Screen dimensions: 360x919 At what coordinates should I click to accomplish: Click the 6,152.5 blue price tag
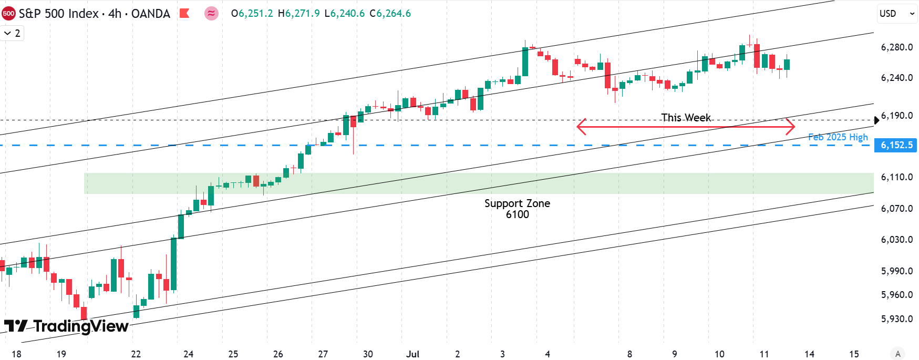tap(896, 145)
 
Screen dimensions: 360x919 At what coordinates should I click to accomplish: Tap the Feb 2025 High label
tap(838, 137)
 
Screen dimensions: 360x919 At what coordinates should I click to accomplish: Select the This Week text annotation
tap(686, 118)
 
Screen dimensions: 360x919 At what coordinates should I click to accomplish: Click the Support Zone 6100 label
tap(517, 209)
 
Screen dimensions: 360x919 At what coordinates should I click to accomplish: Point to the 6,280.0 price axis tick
tap(896, 47)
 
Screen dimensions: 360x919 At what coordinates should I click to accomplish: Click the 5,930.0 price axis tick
tap(896, 319)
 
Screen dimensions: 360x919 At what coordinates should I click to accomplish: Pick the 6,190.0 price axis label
tap(896, 116)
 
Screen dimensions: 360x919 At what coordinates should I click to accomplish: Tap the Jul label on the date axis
tap(412, 354)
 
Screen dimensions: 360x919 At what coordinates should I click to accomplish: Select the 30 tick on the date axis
tap(368, 354)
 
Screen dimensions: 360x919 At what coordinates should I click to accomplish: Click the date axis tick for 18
tap(16, 354)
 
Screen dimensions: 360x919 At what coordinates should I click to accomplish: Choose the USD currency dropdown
tap(896, 14)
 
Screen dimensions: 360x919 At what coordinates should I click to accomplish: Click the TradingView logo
tap(66, 326)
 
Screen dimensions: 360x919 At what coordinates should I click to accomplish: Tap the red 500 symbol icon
tap(8, 14)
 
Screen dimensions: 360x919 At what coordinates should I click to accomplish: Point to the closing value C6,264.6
tap(390, 14)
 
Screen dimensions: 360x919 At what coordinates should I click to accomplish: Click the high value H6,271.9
tap(298, 14)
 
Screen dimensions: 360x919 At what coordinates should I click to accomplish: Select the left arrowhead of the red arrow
tap(579, 126)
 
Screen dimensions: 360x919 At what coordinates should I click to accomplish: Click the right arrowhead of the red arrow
tap(793, 126)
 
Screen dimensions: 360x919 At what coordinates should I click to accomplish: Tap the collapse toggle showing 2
tap(12, 33)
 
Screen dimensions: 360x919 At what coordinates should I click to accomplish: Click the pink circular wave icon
tap(211, 14)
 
